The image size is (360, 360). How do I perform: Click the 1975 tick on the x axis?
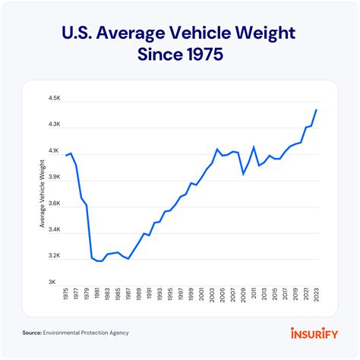[x=67, y=295]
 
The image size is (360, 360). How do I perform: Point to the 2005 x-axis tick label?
[x=223, y=295]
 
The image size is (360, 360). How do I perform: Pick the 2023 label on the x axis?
[x=316, y=295]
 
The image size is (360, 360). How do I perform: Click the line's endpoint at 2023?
[x=316, y=110]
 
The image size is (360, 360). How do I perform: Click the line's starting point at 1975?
[x=67, y=155]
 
